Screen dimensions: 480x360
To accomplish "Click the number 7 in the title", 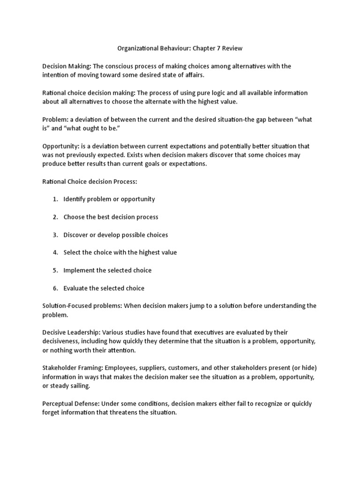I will (x=217, y=48).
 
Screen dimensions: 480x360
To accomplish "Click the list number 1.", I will (x=55, y=199).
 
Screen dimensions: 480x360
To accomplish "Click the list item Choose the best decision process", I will (x=111, y=217).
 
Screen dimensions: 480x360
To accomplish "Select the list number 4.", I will (x=55, y=253).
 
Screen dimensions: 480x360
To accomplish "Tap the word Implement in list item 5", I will (x=79, y=270).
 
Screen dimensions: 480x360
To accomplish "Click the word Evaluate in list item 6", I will (x=76, y=288).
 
